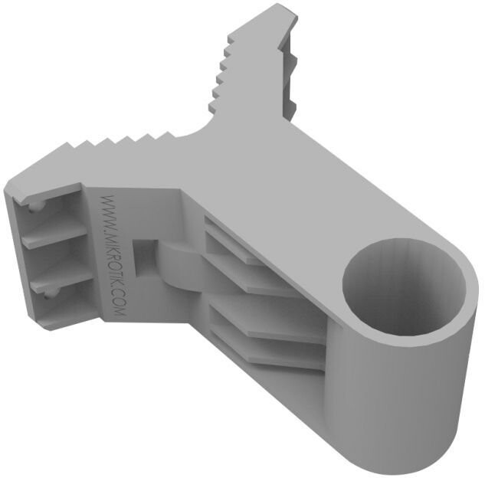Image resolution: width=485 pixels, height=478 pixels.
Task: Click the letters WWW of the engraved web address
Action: (x=109, y=211)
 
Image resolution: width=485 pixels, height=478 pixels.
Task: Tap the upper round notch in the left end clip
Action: (x=36, y=206)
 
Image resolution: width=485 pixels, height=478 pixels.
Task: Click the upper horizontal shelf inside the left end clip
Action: (x=55, y=235)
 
